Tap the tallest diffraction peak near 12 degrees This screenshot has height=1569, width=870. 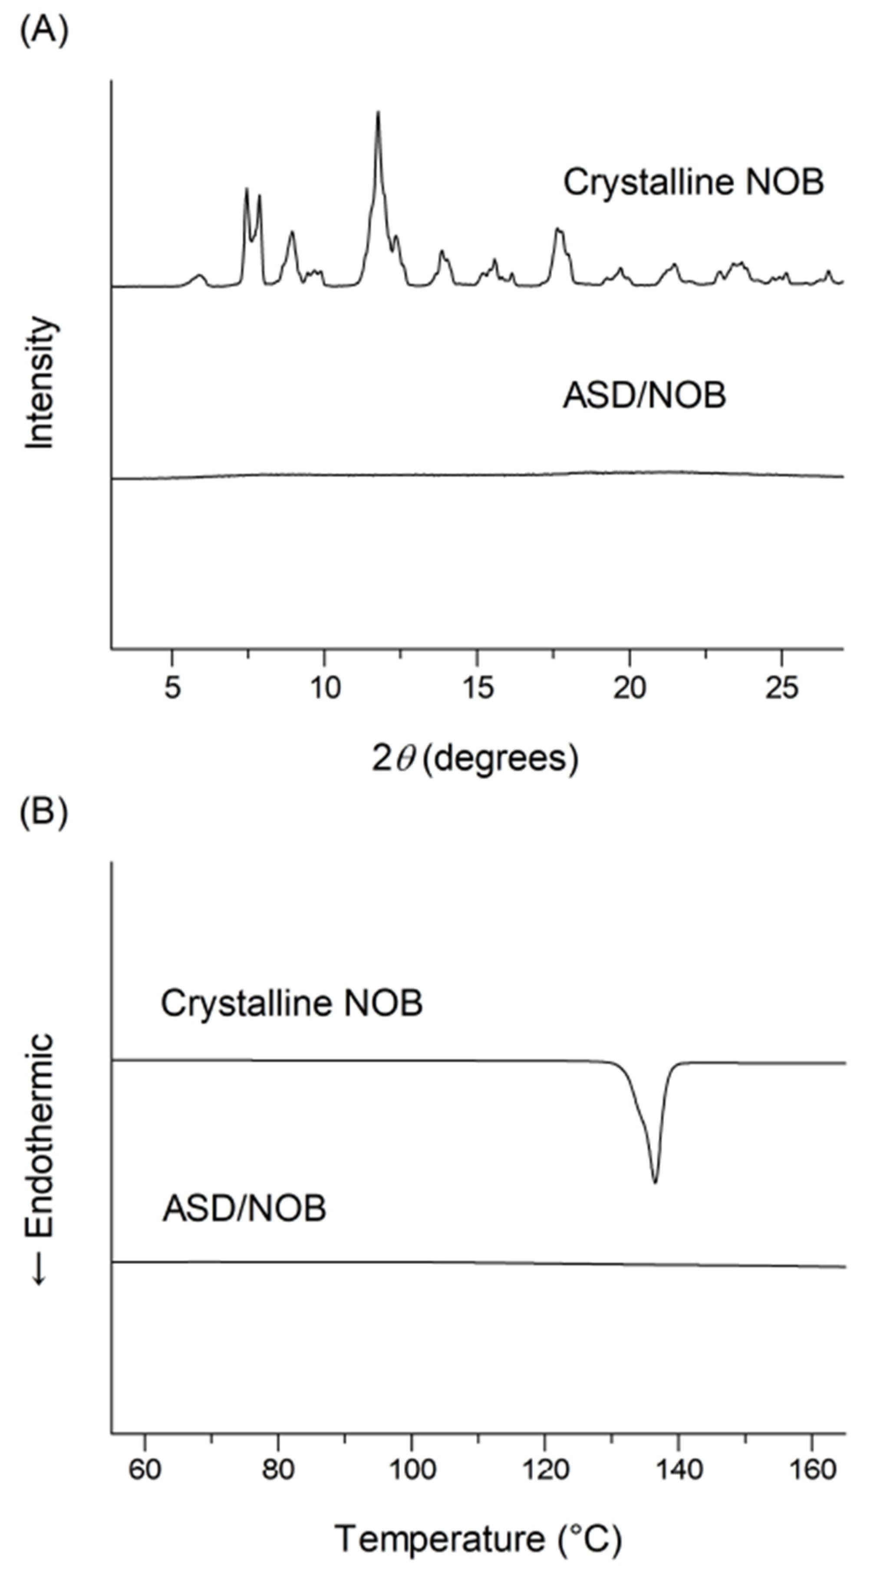tap(378, 114)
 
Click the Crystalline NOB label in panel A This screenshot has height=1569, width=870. tap(693, 181)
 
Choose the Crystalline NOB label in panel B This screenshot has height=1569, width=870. tap(291, 1003)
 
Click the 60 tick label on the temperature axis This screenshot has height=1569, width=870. tap(145, 1469)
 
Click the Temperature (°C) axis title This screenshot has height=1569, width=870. tap(478, 1539)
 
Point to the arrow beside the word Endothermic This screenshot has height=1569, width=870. tap(39, 1270)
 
